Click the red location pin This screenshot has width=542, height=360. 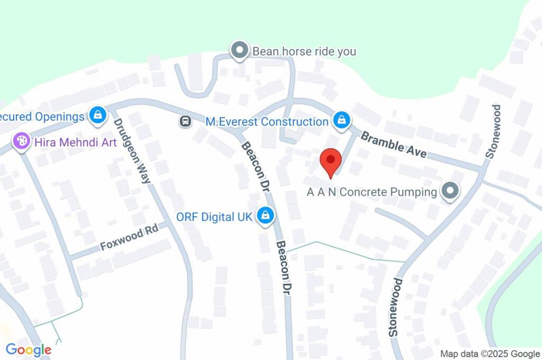(x=331, y=160)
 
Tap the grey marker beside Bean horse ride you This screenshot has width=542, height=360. (x=240, y=51)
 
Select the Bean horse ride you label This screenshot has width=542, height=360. (x=304, y=52)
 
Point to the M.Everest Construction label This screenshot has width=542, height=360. (x=267, y=122)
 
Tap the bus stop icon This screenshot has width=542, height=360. (x=185, y=122)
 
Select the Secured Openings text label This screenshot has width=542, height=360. (x=42, y=116)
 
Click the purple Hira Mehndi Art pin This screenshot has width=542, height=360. (x=22, y=141)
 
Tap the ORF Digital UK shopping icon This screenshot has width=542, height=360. (x=265, y=215)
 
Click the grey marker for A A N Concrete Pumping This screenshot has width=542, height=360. (x=450, y=191)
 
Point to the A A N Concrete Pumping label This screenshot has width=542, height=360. (x=372, y=192)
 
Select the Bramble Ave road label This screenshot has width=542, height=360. (x=393, y=145)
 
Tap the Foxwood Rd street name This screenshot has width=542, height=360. (x=130, y=239)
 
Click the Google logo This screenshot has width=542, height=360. (x=29, y=349)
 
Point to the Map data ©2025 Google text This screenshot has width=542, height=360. (x=490, y=354)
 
